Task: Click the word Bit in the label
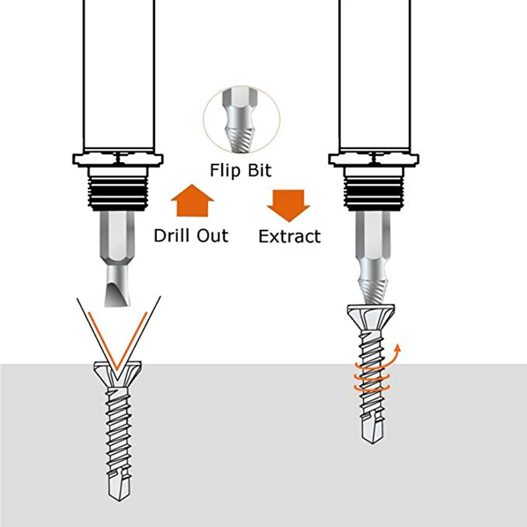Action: (x=258, y=171)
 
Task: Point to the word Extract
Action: (x=290, y=236)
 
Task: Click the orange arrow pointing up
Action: (x=190, y=200)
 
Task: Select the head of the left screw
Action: (x=119, y=373)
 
